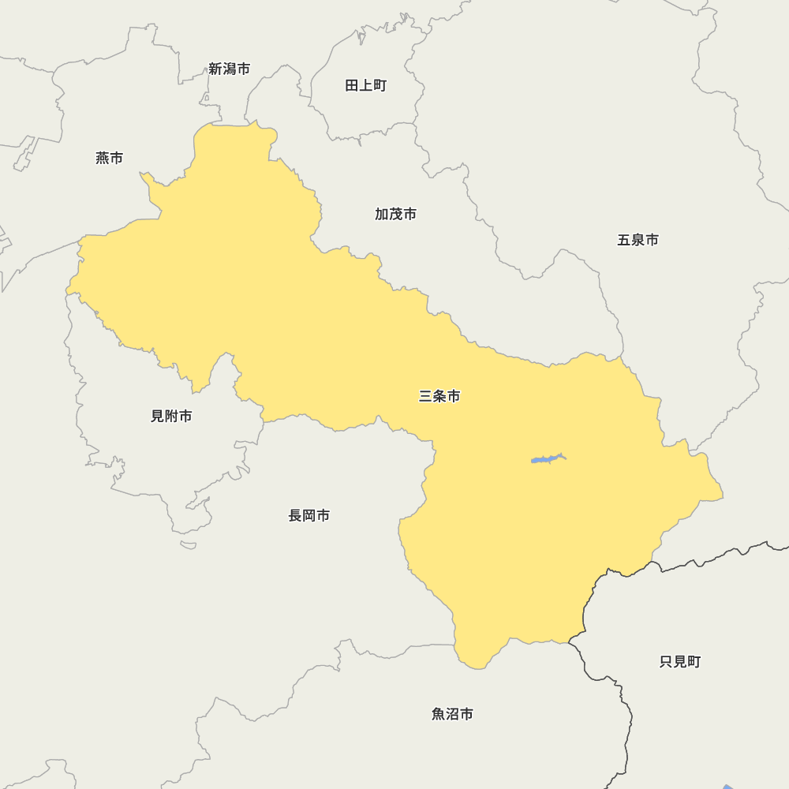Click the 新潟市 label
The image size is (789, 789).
coord(230,69)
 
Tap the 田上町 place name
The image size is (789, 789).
coord(366,85)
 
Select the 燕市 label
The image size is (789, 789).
coord(110,158)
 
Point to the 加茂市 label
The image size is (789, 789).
coord(396,214)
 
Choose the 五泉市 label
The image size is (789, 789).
coord(638,240)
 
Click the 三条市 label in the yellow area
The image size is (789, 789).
coord(439,396)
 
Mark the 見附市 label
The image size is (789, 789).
coord(171,416)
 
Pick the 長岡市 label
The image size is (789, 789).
coord(309,515)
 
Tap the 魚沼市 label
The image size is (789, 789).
coord(453,714)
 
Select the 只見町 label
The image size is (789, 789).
coord(680,661)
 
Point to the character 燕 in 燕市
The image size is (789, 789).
coord(103,158)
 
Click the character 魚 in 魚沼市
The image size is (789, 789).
coord(439,714)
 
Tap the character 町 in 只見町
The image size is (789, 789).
coord(694,661)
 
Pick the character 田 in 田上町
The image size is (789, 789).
coord(352,85)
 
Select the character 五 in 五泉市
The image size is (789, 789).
coord(623,240)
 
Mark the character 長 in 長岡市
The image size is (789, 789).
coord(295,515)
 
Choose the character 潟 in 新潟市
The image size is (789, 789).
coord(230,69)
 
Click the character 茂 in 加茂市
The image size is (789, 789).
coord(396,214)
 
